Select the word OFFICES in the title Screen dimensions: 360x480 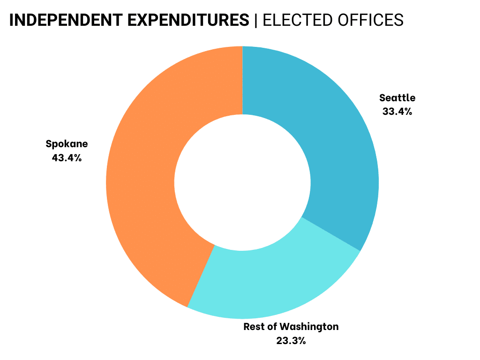(x=370, y=20)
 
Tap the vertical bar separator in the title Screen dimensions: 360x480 (x=256, y=20)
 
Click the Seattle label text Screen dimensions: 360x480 (x=397, y=98)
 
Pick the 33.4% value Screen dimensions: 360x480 (x=397, y=112)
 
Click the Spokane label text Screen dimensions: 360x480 (x=67, y=144)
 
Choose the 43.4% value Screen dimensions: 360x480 (x=67, y=157)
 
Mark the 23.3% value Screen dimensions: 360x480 (x=291, y=340)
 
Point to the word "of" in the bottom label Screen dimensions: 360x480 (x=273, y=326)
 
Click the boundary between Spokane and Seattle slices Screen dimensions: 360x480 (x=242, y=80)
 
